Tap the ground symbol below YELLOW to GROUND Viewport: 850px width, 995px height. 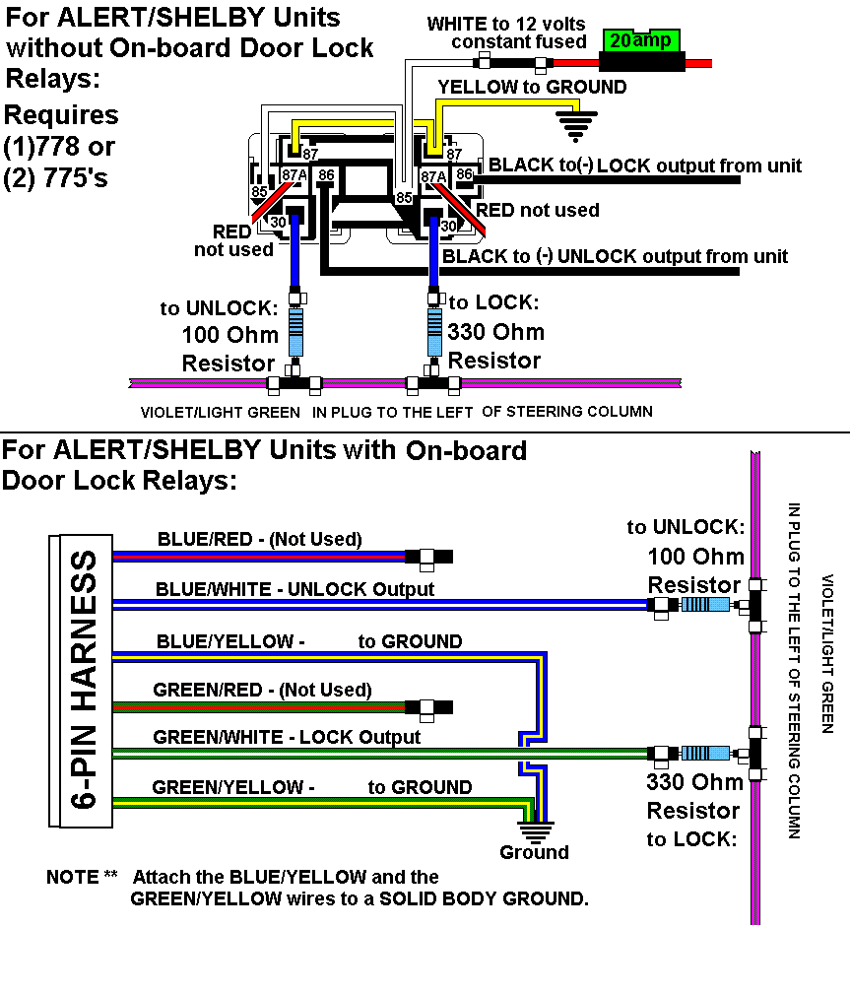click(576, 123)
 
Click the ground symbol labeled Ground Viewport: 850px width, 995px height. click(537, 829)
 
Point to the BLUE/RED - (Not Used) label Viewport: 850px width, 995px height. click(259, 539)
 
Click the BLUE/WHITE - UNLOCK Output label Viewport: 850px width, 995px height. click(294, 589)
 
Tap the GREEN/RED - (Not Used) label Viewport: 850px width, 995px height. click(262, 690)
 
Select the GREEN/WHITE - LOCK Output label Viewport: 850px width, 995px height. click(287, 737)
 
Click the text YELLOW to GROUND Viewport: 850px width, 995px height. click(532, 87)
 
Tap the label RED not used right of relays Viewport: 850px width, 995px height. click(538, 210)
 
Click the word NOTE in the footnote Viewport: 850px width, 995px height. click(73, 877)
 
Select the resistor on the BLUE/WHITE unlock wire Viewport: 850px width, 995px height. click(703, 605)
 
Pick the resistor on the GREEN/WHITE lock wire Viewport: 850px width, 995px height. click(703, 754)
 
